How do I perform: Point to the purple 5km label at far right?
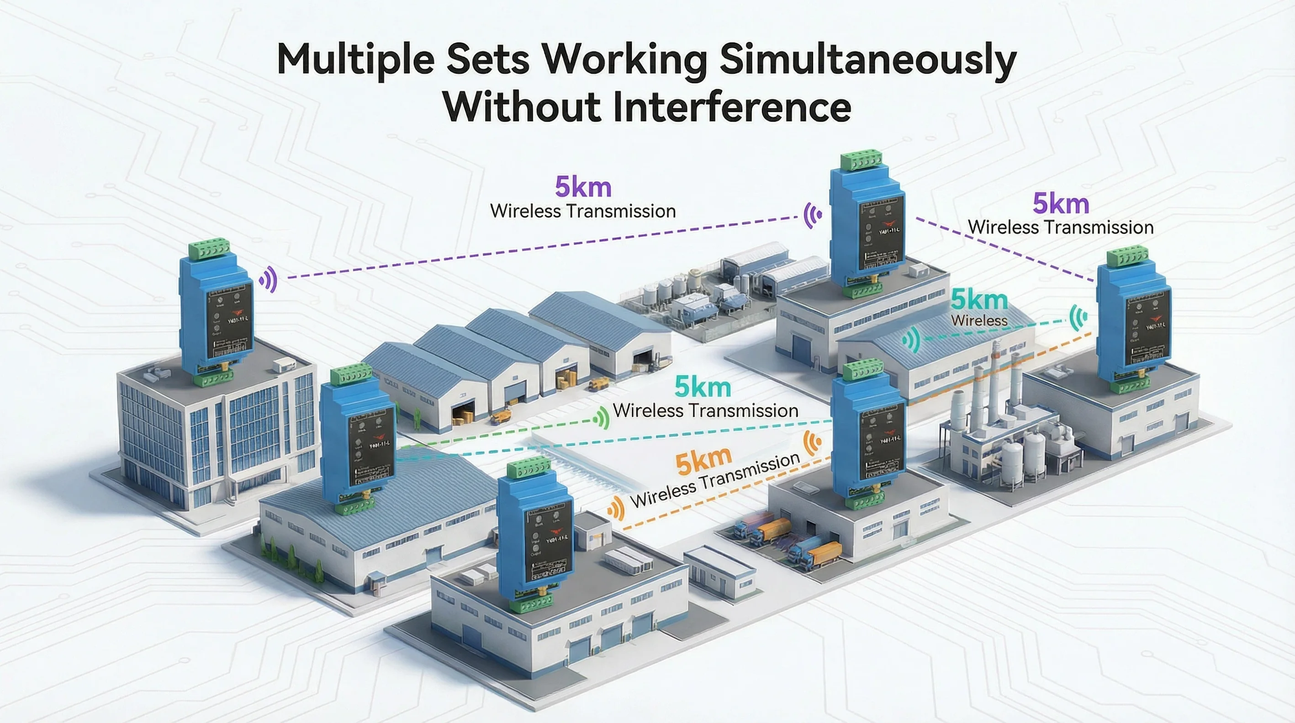pos(1061,204)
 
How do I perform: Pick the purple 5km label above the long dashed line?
pos(583,187)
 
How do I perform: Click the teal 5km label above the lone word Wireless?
pos(979,300)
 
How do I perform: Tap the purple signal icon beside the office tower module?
pos(269,279)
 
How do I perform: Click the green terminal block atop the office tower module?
pos(209,249)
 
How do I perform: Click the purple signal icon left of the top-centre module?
pos(812,215)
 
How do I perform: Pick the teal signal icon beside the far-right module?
pos(1077,318)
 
